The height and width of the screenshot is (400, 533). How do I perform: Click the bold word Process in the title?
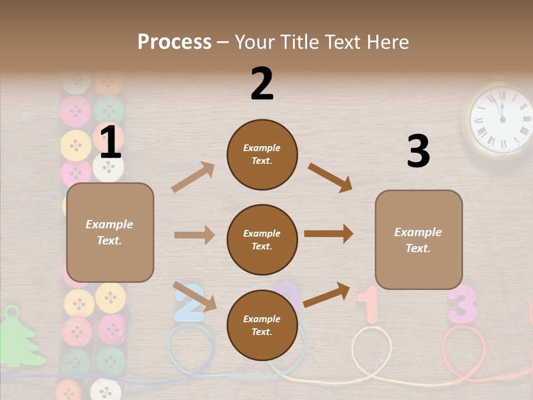(174, 42)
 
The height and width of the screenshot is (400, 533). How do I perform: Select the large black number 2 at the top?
(262, 84)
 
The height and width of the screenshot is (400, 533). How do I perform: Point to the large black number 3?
(418, 151)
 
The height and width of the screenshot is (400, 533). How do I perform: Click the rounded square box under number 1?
(110, 232)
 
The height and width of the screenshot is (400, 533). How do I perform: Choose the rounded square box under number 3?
(419, 239)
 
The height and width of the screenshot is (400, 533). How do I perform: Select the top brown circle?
(262, 154)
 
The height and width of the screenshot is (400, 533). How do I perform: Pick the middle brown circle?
(262, 239)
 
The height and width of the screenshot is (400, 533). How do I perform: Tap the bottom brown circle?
(262, 325)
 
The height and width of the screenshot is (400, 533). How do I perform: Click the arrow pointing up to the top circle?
(193, 177)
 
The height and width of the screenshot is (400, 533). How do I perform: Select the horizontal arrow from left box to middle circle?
(194, 235)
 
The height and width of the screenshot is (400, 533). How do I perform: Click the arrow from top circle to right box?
(330, 177)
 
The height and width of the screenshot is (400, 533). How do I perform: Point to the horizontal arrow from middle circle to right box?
(329, 234)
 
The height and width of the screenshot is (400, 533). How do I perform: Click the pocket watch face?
(500, 119)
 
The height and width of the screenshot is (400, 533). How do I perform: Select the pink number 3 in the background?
(462, 304)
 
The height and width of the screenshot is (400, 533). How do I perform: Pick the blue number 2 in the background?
(190, 304)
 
